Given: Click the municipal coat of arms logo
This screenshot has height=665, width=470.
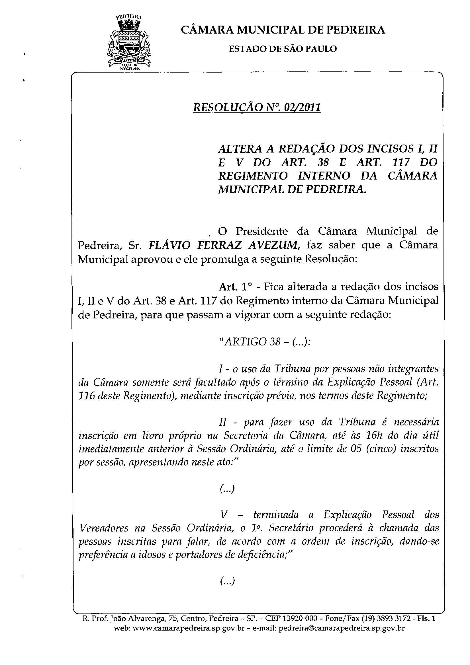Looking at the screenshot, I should (x=129, y=42).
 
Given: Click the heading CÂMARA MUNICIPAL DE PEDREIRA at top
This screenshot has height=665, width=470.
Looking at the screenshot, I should (x=283, y=30).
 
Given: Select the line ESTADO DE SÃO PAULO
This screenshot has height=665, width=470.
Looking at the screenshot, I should (x=283, y=49).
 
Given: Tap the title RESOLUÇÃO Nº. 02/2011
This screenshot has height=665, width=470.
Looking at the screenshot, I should (x=257, y=108).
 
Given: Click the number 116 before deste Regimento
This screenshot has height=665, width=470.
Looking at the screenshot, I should (x=87, y=396).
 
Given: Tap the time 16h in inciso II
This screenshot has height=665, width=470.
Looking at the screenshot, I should (x=367, y=435).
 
